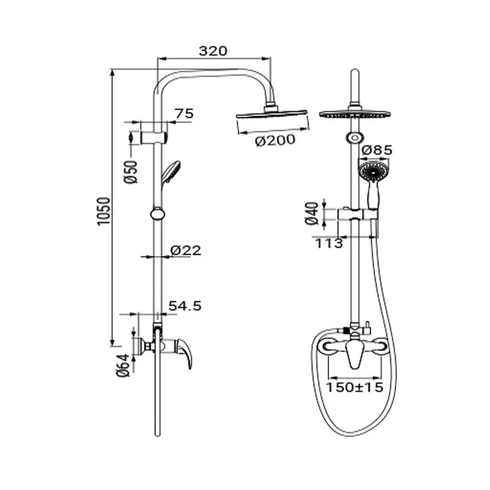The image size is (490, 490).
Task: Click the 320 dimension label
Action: (x=213, y=51)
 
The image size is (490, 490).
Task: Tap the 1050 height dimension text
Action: (x=104, y=211)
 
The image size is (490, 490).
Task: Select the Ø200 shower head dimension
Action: (x=275, y=140)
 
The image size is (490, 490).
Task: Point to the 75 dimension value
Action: (x=184, y=113)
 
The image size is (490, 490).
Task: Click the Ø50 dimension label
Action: (x=131, y=172)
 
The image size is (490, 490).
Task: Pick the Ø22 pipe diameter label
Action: (x=186, y=251)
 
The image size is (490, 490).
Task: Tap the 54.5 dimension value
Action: (x=185, y=306)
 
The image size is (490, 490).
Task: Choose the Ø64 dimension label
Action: (x=123, y=365)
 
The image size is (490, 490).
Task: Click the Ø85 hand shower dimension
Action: (x=377, y=150)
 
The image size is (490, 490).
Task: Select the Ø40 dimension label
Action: (x=312, y=213)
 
